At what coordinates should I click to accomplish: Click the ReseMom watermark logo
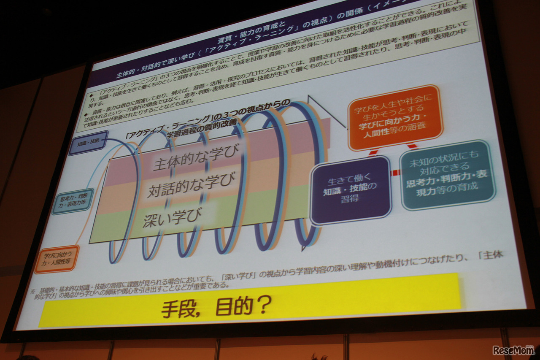point(513,350)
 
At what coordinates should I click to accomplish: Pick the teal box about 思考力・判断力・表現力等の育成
point(447,175)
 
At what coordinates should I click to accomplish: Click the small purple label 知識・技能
point(88,143)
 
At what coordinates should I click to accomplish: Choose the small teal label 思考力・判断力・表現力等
point(72,201)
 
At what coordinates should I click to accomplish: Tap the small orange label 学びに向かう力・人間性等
point(56,259)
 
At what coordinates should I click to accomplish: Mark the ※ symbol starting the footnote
point(32,291)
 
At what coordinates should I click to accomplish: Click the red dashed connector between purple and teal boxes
point(395,173)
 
